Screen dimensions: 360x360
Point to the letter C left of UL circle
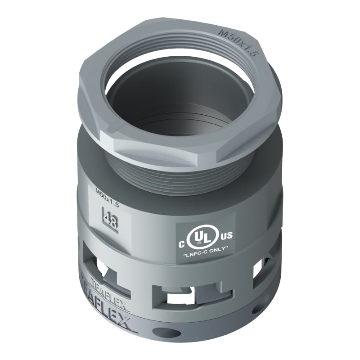click(x=183, y=244)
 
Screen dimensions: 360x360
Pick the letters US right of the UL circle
click(x=226, y=235)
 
